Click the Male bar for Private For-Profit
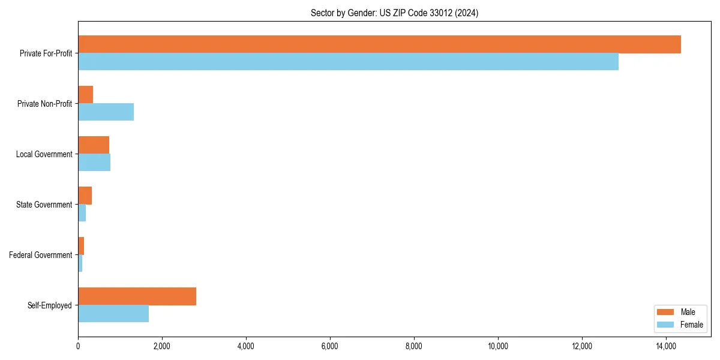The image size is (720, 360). pos(379,44)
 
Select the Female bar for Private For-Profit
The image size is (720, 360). pos(348,62)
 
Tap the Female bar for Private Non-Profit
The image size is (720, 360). pos(106,112)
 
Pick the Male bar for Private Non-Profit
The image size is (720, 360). pos(85,95)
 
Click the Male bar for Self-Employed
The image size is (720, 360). pos(137,296)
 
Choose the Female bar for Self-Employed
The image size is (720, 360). pos(113,314)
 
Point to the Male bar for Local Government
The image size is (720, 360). pos(94,145)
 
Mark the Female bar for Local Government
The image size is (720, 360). pos(94,163)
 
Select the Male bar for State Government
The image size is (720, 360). pos(85,196)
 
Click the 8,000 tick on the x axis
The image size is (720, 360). pos(414,346)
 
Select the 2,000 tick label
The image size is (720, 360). pos(162,346)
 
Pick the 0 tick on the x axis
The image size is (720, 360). pos(78,346)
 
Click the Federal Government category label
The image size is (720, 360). pos(41,255)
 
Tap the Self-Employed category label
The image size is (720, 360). pos(50,305)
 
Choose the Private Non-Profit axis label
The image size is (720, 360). pos(44,104)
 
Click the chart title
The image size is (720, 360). pos(394,13)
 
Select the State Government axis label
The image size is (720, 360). pos(44,205)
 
